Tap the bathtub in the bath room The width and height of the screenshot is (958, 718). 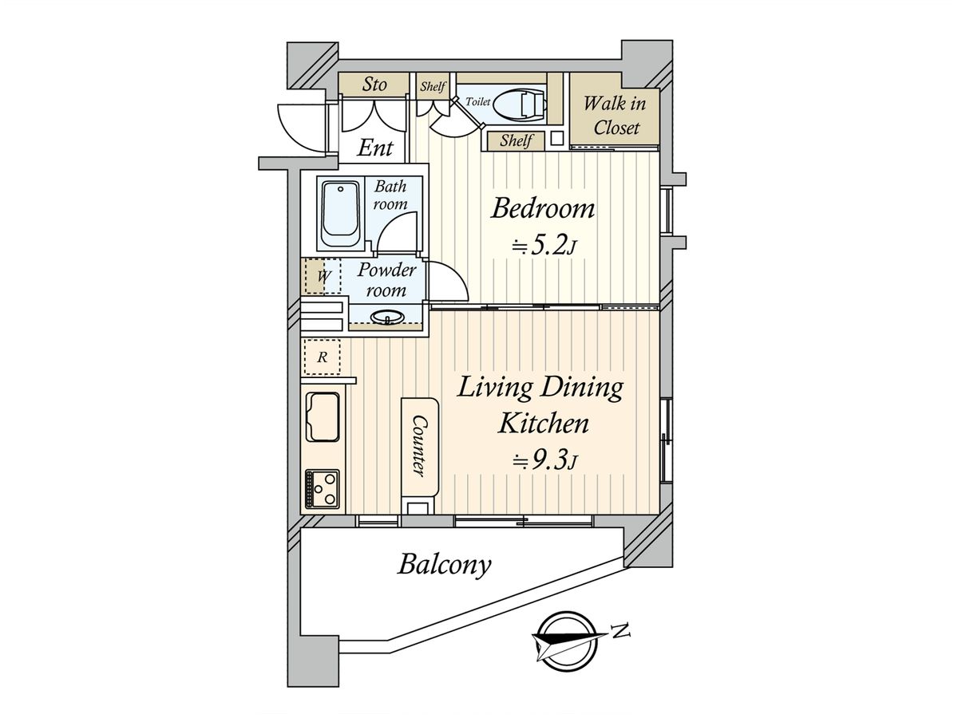340,215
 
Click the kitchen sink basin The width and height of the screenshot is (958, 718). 323,416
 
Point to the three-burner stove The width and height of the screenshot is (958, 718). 323,488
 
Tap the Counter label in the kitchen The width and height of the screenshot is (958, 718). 419,445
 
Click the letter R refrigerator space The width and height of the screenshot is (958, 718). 323,357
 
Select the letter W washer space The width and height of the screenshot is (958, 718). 323,276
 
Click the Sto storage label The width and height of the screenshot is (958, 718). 374,84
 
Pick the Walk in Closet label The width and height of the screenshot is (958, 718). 615,116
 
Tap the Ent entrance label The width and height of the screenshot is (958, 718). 375,148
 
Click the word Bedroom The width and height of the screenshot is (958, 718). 543,208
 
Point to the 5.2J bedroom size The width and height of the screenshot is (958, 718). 544,247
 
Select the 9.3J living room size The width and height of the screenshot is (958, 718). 545,460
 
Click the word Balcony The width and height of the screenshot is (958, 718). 445,565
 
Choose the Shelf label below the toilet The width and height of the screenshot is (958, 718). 516,141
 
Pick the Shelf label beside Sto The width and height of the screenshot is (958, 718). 433,87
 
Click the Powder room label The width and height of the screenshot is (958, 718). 386,280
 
